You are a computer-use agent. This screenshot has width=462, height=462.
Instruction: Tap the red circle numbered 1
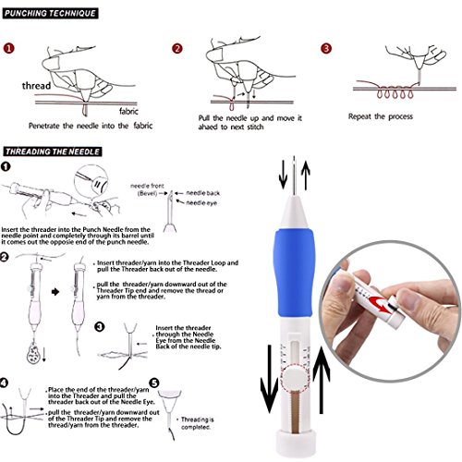[8, 49]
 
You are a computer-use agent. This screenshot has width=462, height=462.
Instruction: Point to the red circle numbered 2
[178, 49]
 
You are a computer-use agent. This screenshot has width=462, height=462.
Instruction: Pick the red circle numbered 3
[325, 49]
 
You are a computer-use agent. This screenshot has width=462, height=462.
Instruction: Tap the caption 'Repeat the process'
[385, 117]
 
